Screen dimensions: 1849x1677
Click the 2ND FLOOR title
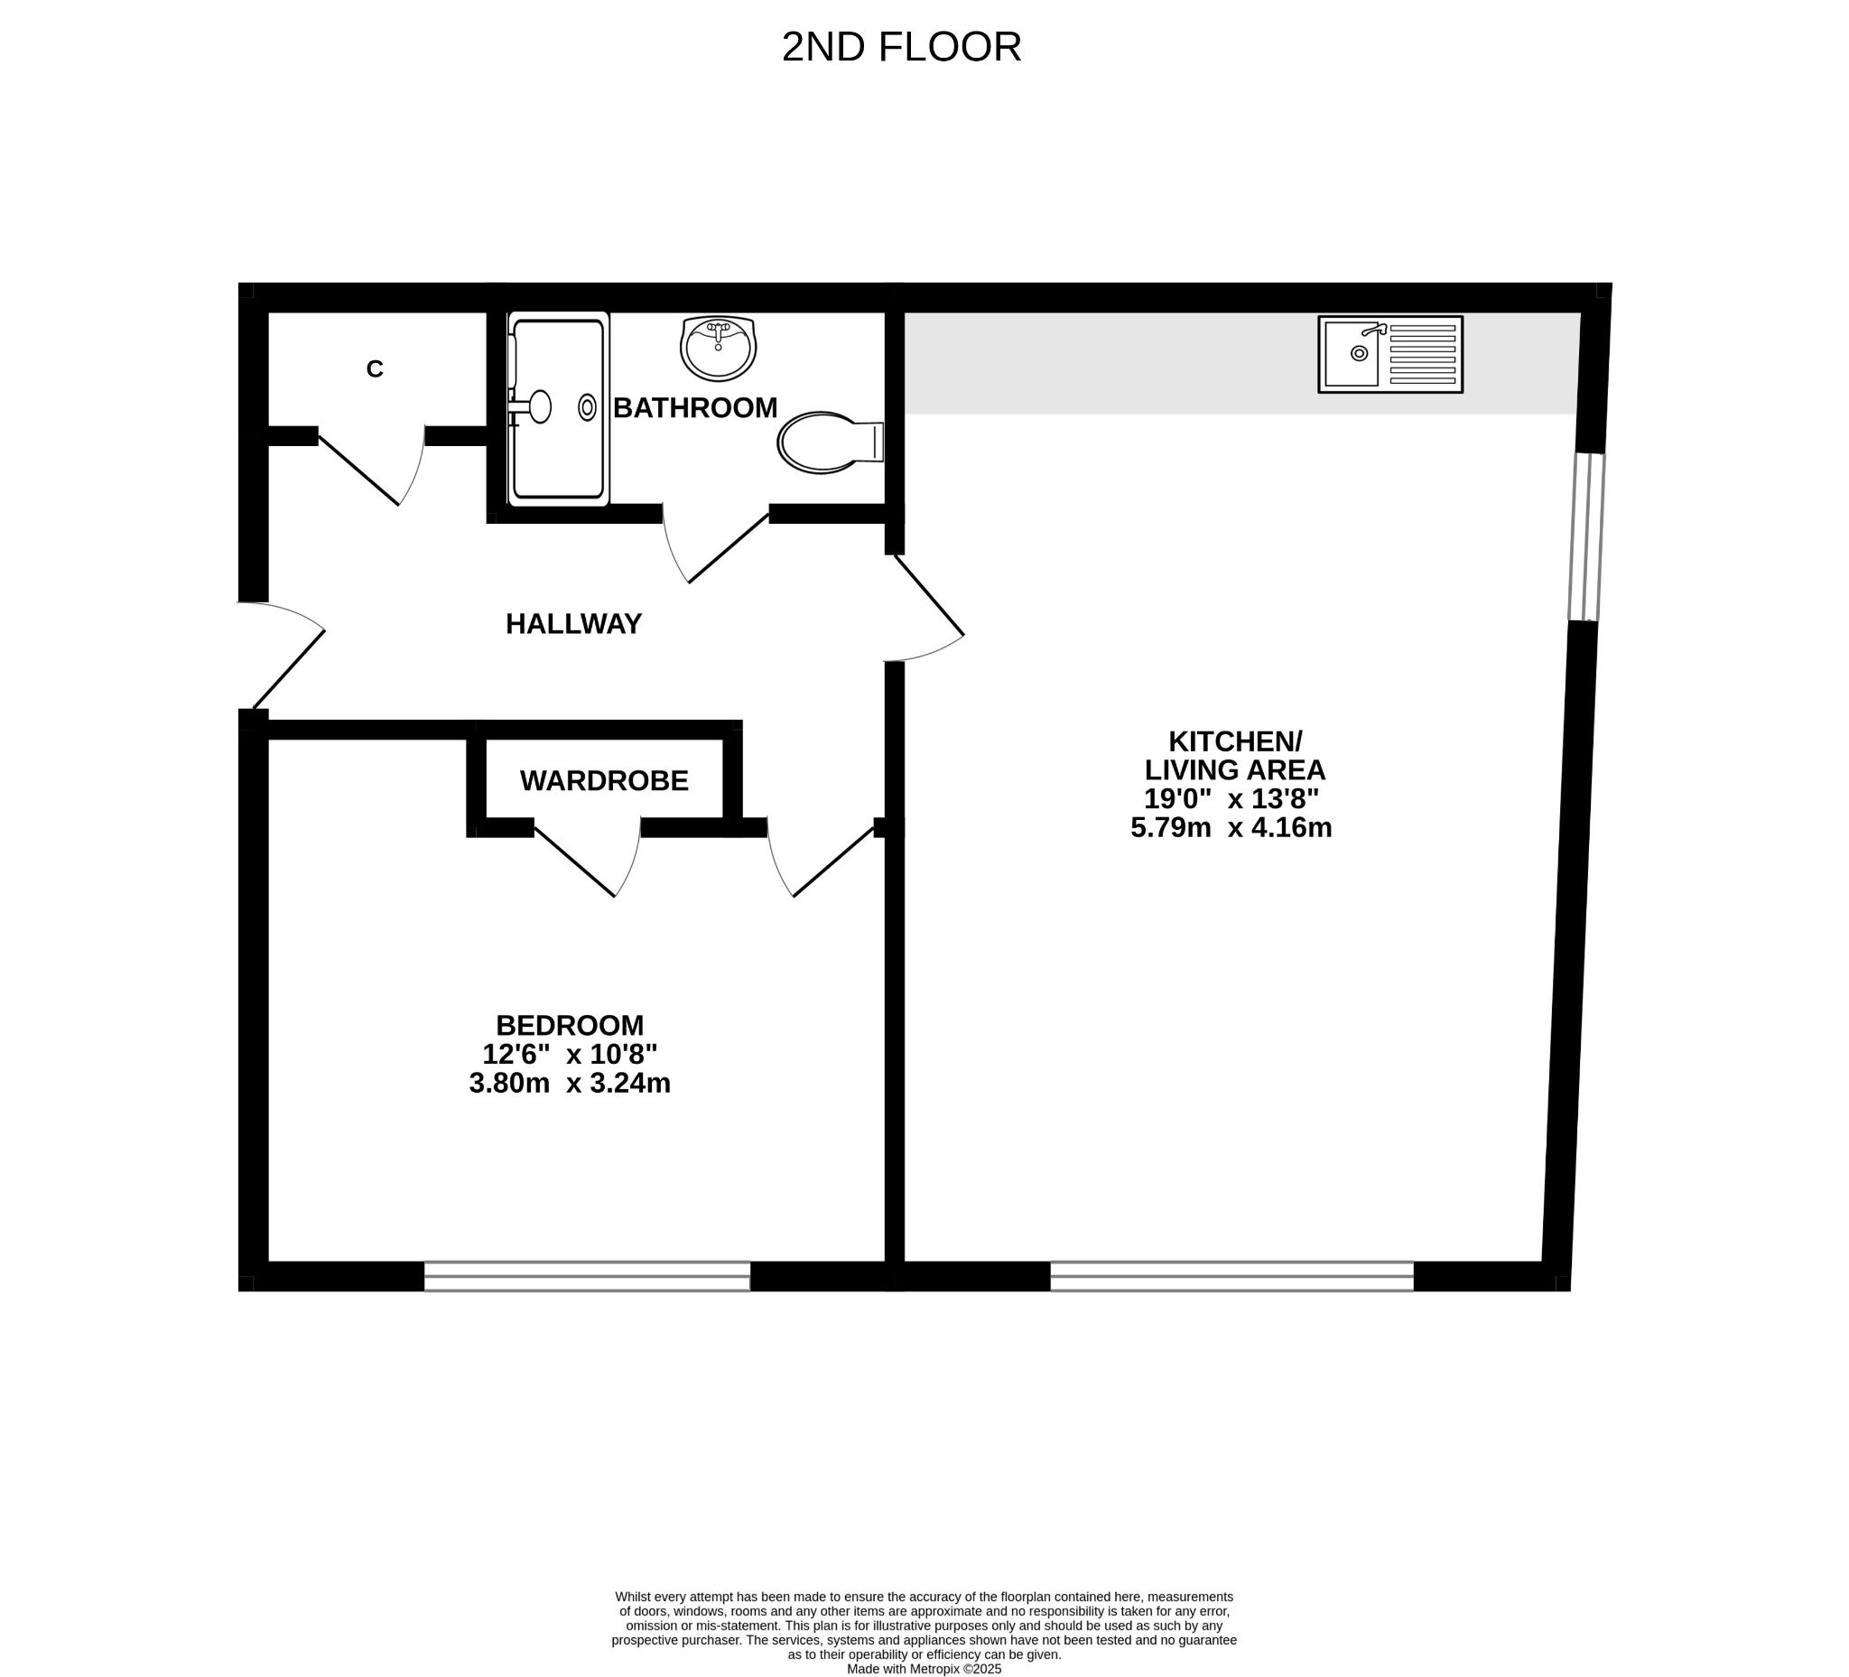[902, 48]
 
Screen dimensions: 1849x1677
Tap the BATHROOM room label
[695, 408]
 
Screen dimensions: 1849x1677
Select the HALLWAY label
[574, 624]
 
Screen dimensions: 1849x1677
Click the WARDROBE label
[604, 781]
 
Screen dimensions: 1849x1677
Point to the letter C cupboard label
[374, 368]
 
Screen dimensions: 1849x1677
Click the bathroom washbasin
[718, 349]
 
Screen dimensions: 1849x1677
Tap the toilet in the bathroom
[831, 443]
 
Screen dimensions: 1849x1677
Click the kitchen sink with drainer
[1390, 355]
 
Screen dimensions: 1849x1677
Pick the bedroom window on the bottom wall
[587, 1276]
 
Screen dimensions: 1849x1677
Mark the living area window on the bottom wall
[1231, 1276]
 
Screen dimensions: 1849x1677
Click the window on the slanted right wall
[1586, 536]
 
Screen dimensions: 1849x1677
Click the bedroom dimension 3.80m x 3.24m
[570, 1084]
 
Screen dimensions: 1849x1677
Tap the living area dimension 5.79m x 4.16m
[1231, 827]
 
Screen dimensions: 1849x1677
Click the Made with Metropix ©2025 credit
[924, 1669]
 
